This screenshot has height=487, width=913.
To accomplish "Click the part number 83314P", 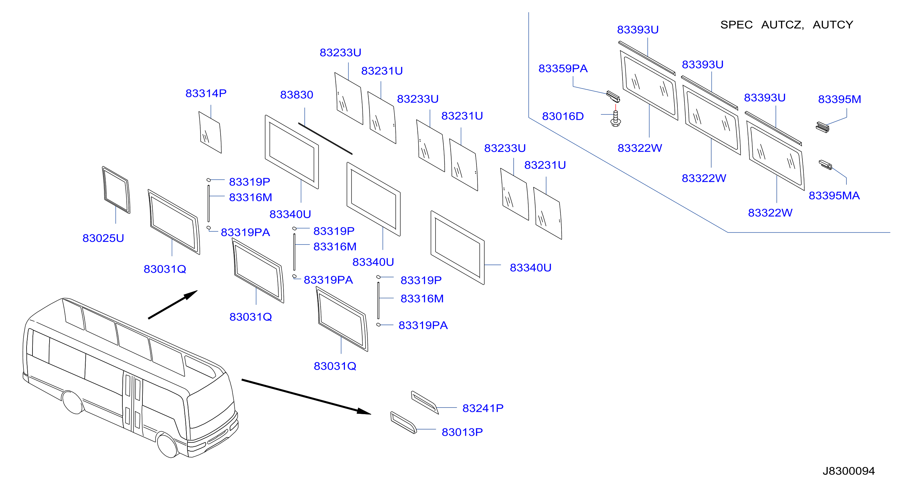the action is pyautogui.click(x=206, y=93).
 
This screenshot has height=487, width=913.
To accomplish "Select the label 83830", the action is pyautogui.click(x=297, y=95).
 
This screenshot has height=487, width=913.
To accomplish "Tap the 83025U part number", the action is pyautogui.click(x=103, y=238).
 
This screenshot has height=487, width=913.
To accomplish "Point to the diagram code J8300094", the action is pyautogui.click(x=848, y=471).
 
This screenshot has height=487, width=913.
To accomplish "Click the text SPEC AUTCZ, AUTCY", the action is pyautogui.click(x=786, y=25).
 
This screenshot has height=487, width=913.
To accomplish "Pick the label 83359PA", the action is pyautogui.click(x=563, y=68).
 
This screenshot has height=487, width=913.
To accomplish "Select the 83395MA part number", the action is pyautogui.click(x=834, y=195).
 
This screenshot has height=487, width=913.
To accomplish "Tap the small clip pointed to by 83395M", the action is pyautogui.click(x=823, y=127).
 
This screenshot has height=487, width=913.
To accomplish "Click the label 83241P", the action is pyautogui.click(x=483, y=408).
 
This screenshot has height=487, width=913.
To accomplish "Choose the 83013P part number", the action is pyautogui.click(x=462, y=432).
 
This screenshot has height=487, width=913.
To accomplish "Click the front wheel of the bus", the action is pyautogui.click(x=168, y=445).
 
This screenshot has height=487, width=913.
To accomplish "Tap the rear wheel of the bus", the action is pyautogui.click(x=73, y=402).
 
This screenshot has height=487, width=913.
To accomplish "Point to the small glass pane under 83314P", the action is pyautogui.click(x=210, y=133).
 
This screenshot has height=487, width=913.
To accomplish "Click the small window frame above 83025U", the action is pyautogui.click(x=116, y=190).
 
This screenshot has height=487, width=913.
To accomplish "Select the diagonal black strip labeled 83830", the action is pyautogui.click(x=325, y=138).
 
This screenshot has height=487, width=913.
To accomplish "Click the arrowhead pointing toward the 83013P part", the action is pyautogui.click(x=364, y=411).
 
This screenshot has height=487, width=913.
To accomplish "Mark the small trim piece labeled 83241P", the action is pyautogui.click(x=425, y=402).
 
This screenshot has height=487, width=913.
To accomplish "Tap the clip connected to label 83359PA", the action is pyautogui.click(x=613, y=96).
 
